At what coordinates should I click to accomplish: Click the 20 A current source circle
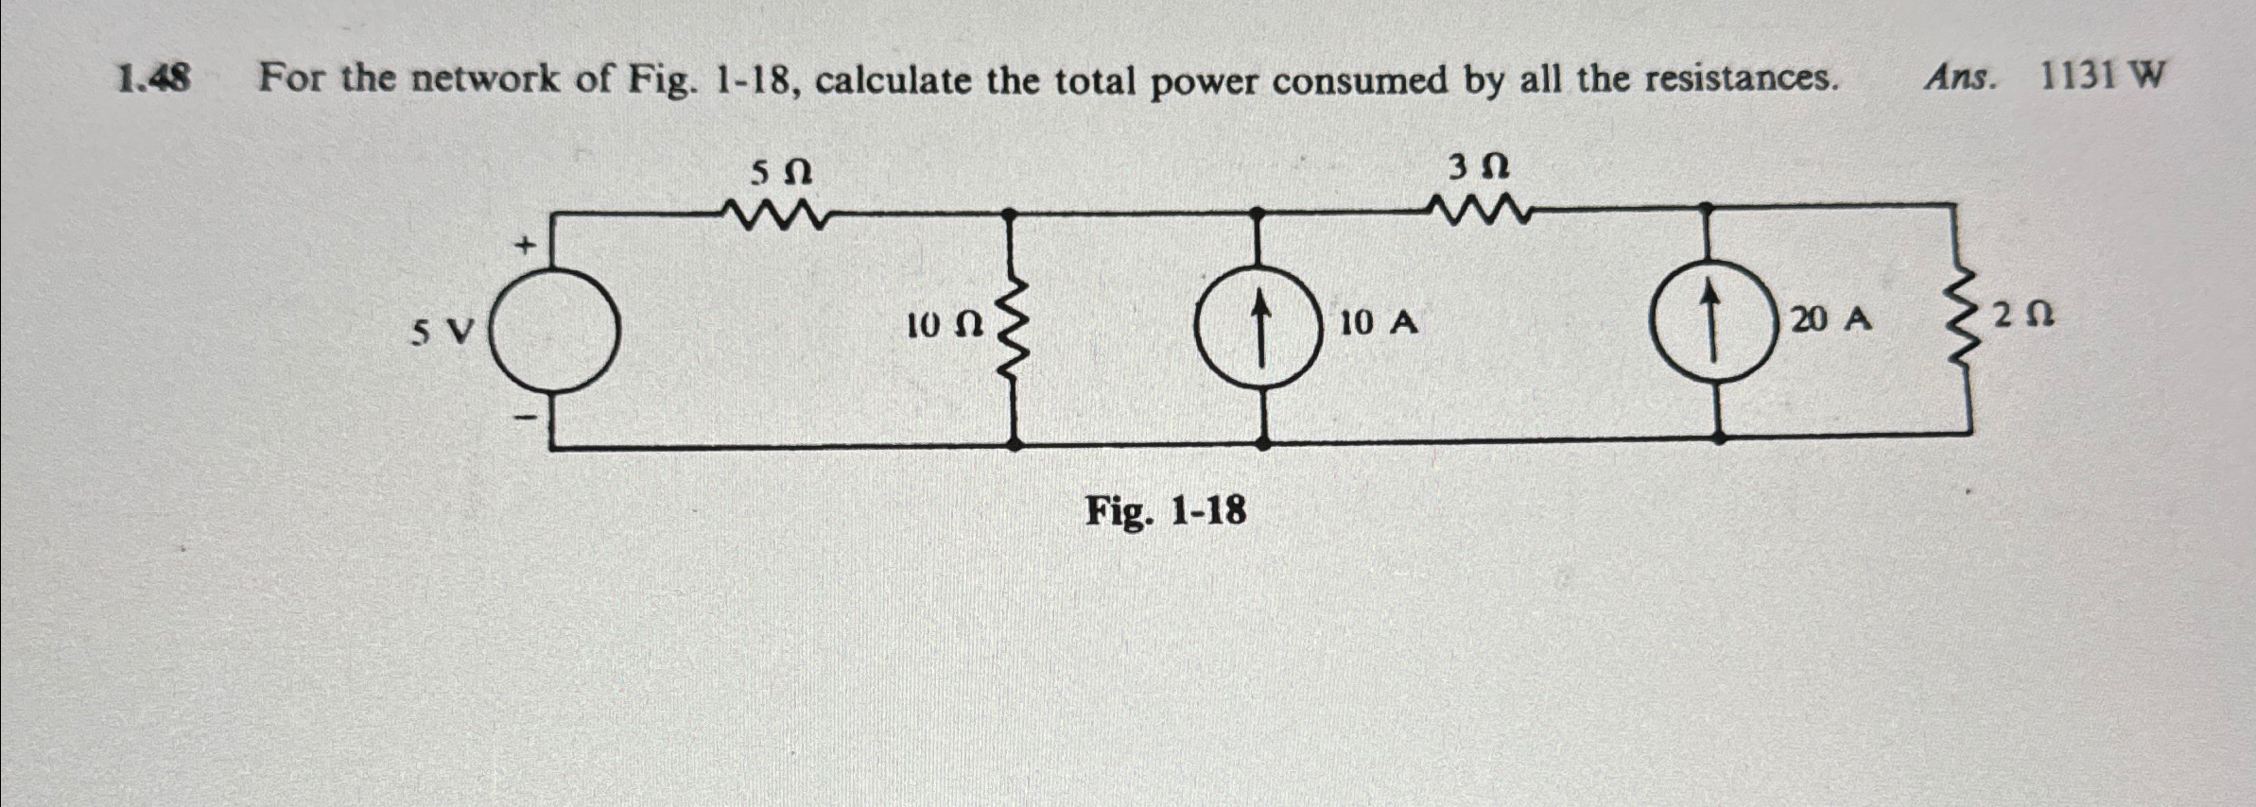pos(1712,320)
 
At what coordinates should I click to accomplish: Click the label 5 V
pos(442,332)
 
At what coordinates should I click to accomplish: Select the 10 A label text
pos(1378,323)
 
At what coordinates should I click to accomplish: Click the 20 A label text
pos(1831,319)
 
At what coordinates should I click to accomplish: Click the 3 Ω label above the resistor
pos(1478,168)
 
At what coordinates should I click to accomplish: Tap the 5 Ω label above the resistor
pos(781,173)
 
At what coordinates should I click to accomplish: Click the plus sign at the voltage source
pos(524,247)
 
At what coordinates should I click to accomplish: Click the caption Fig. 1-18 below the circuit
pos(1165,512)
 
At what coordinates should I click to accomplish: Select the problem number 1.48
pos(154,78)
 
